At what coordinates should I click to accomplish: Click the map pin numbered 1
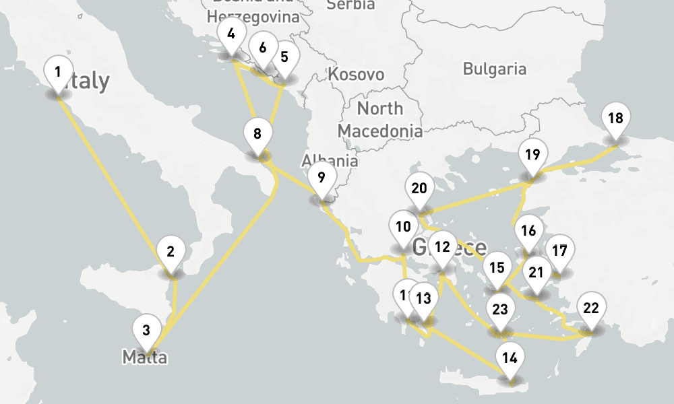[x=58, y=73]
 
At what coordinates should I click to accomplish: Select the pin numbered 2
[x=171, y=253]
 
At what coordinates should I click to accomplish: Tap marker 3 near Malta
[x=146, y=331]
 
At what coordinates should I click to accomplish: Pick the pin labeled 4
[x=231, y=34]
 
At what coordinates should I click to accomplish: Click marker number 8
[x=257, y=135]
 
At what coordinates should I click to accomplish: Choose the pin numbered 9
[x=321, y=178]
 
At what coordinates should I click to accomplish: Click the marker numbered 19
[x=532, y=156]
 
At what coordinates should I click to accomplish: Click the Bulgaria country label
[x=495, y=69]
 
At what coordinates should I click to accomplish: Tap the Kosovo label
[x=356, y=74]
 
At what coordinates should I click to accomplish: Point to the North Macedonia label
[x=380, y=119]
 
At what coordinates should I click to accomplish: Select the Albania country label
[x=330, y=162]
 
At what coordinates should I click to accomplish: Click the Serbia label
[x=350, y=5]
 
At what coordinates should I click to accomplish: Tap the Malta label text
[x=144, y=357]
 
